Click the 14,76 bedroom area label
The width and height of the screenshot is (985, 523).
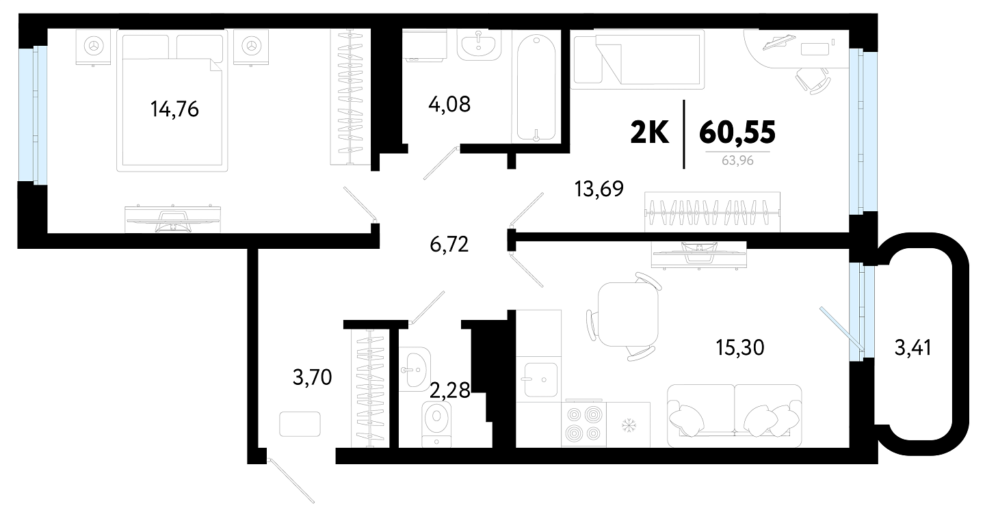click(x=174, y=109)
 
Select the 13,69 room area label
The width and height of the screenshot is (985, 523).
click(x=599, y=189)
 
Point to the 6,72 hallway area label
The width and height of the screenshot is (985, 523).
click(x=449, y=244)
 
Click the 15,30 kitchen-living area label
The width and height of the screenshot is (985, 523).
click(x=740, y=347)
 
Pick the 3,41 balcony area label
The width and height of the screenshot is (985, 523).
click(x=913, y=348)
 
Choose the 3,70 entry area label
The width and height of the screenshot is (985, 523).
click(x=312, y=377)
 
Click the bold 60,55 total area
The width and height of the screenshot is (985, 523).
click(x=737, y=133)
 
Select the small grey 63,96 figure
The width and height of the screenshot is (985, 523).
click(x=737, y=161)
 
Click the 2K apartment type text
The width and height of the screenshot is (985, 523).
click(x=650, y=133)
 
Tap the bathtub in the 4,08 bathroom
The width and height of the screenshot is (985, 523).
click(x=536, y=88)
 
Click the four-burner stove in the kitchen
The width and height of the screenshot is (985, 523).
click(x=583, y=424)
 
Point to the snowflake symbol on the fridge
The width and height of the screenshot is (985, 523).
click(x=629, y=425)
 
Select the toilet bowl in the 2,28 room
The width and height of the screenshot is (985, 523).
click(x=436, y=424)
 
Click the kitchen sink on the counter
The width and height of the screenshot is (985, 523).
click(x=540, y=379)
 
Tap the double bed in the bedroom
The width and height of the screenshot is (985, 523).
click(x=172, y=100)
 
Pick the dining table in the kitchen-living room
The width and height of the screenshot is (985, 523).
click(x=629, y=314)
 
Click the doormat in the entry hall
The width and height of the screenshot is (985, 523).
click(x=300, y=424)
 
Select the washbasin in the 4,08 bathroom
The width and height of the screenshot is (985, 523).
click(x=479, y=45)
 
